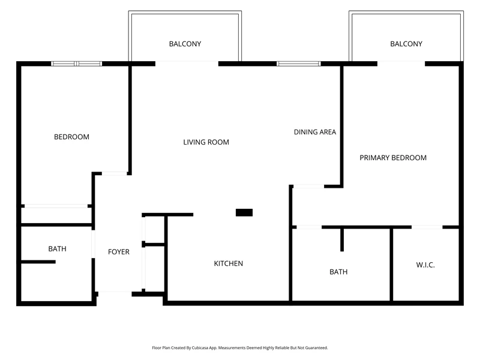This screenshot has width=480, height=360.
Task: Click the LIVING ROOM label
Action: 206,142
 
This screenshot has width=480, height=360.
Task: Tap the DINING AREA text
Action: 315,132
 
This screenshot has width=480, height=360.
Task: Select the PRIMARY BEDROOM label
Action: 393,158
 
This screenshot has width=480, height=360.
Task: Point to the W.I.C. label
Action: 425,265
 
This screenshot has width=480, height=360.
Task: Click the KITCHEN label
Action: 229,263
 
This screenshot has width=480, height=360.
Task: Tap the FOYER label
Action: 119,251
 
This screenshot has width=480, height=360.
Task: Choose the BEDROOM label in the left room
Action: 71,137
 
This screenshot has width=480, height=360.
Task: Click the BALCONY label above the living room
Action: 185,44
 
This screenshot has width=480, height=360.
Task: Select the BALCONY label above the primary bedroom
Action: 406,44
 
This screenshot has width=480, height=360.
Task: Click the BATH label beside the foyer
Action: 57,248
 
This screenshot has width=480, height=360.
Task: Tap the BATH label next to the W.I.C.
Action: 338,272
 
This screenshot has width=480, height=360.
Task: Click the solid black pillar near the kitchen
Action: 244,212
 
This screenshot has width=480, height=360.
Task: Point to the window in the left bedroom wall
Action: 77,64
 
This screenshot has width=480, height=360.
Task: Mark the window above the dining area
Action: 299,64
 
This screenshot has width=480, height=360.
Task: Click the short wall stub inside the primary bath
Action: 342,239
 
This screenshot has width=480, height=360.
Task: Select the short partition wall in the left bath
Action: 38,262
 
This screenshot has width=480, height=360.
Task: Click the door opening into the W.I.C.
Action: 427,227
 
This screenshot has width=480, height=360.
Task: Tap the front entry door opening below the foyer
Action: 115,293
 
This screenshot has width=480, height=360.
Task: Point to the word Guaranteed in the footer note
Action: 317,348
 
